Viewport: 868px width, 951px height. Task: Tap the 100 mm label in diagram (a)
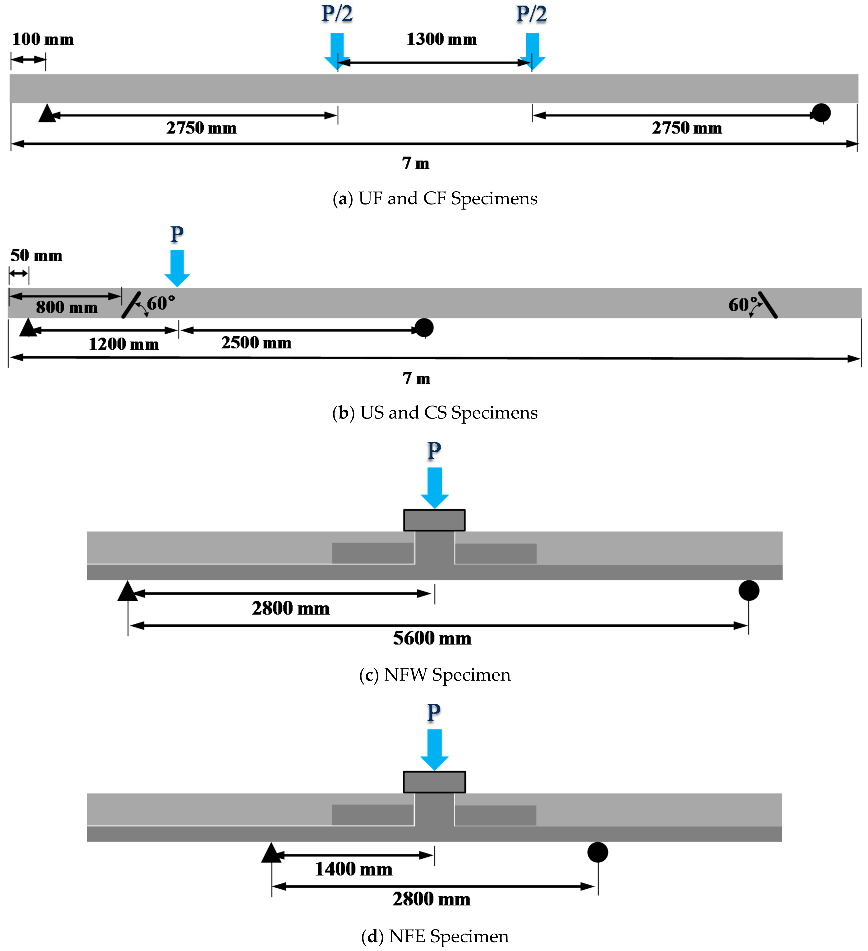click(x=42, y=39)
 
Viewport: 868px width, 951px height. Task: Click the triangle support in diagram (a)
click(x=47, y=114)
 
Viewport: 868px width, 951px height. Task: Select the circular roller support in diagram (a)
click(x=821, y=113)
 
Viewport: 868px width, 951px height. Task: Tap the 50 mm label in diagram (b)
click(x=36, y=256)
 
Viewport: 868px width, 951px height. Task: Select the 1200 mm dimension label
click(x=124, y=344)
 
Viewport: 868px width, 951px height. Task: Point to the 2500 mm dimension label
click(x=256, y=342)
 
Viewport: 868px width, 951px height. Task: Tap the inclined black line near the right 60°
click(x=768, y=305)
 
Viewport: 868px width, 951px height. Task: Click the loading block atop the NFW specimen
click(x=434, y=520)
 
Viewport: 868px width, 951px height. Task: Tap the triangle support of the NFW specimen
click(x=128, y=592)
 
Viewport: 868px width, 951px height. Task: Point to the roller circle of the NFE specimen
click(x=597, y=852)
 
